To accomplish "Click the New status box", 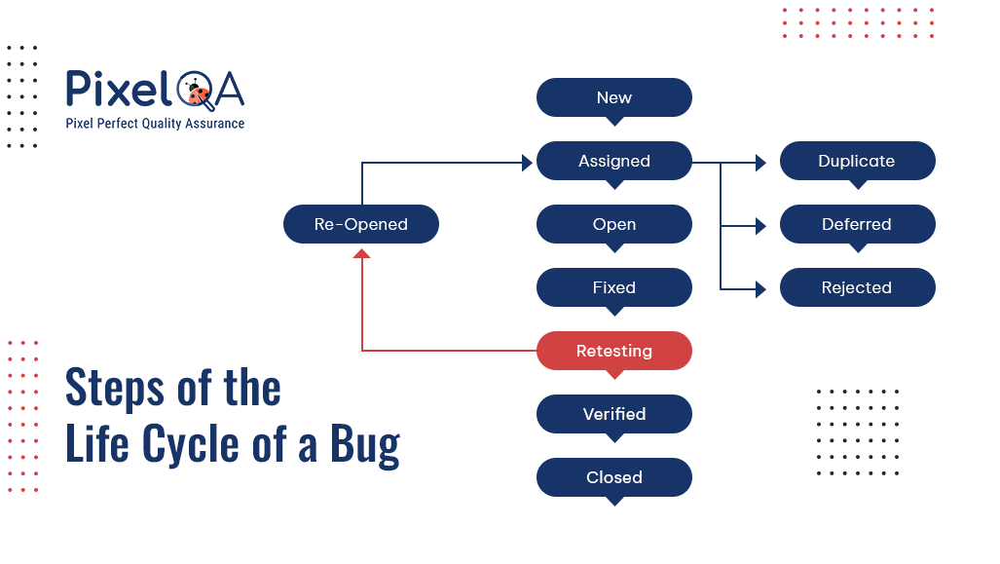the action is coord(614,97).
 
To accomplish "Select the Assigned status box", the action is coord(614,161).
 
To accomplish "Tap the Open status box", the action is coord(614,224).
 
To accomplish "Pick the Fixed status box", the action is coord(614,287).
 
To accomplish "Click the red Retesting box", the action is coord(614,351).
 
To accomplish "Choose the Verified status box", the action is coord(614,413).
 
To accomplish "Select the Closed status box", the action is coord(614,476).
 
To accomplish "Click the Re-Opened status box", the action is coord(361,224).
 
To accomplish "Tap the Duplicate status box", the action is coord(858,161).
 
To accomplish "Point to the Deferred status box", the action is coord(858,224).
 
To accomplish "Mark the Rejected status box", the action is coord(858,287).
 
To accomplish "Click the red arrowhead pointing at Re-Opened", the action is coord(361,253).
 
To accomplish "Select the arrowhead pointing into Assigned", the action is coord(528,163).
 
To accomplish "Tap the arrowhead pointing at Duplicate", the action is coord(760,163).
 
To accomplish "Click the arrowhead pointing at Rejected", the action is coord(760,289).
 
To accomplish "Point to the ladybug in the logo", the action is coord(200,94).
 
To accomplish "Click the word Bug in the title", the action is coord(365,444).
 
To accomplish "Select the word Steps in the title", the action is coord(115,388).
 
